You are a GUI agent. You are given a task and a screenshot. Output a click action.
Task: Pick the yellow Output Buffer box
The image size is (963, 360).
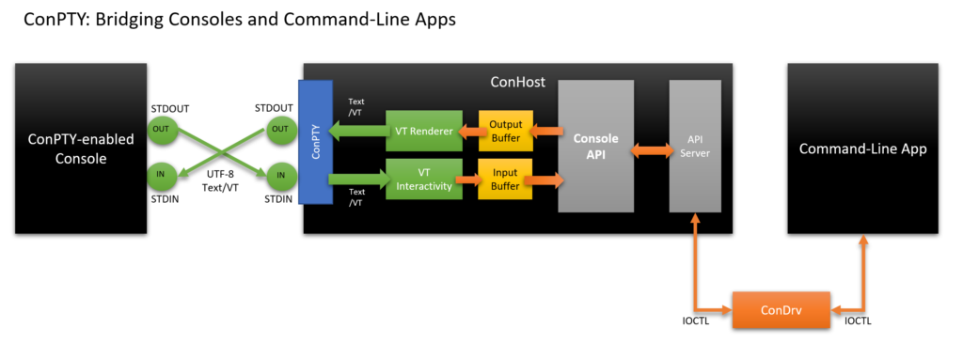click(x=506, y=132)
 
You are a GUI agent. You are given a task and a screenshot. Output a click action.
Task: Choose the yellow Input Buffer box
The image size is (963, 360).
click(x=506, y=176)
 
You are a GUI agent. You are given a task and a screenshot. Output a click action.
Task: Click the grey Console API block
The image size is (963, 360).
click(x=596, y=146)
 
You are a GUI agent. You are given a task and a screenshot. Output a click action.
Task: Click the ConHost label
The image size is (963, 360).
click(x=517, y=82)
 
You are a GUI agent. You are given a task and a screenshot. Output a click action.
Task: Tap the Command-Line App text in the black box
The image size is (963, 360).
click(x=862, y=149)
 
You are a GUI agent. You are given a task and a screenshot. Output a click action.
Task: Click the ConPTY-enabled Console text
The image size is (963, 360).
click(x=80, y=149)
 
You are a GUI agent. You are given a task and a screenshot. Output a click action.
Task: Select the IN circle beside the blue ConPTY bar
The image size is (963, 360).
click(x=279, y=174)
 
